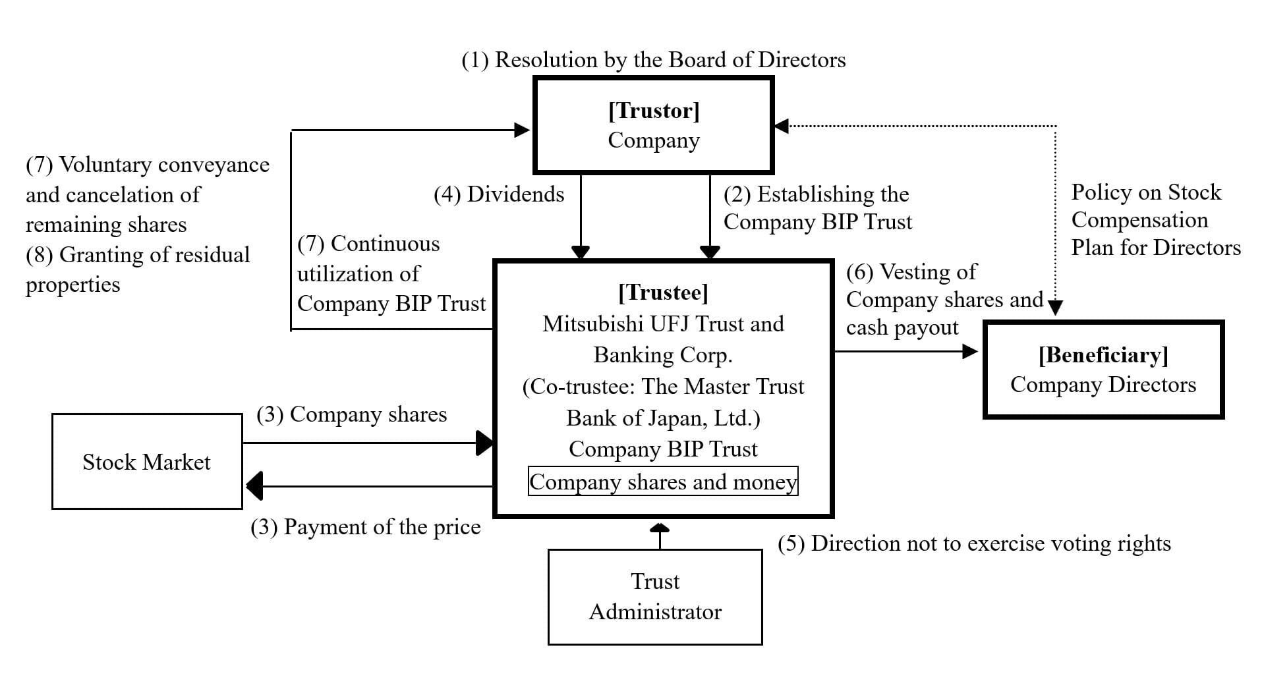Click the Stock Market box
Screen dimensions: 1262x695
click(x=147, y=461)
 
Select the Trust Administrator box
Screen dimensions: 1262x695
click(x=655, y=597)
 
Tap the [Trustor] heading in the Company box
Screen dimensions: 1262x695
click(x=654, y=110)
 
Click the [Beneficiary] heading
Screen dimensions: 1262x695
click(x=1103, y=355)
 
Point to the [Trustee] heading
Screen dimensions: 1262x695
click(x=663, y=292)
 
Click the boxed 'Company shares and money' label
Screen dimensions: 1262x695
click(x=663, y=482)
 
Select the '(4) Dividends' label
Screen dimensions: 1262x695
click(x=499, y=194)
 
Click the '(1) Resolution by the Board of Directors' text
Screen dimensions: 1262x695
click(x=653, y=60)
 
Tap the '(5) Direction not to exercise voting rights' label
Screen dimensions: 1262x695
click(x=974, y=543)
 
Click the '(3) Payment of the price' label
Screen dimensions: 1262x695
click(x=366, y=527)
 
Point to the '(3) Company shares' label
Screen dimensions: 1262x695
click(x=351, y=414)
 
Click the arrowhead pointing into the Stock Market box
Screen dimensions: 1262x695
click(x=254, y=486)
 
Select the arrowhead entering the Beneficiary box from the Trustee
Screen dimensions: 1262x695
click(x=970, y=351)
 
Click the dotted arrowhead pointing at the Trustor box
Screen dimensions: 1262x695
click(x=781, y=126)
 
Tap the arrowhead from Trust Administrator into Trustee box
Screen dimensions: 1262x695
click(x=660, y=526)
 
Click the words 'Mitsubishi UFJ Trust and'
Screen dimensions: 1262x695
click(x=663, y=324)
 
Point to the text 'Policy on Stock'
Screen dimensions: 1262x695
click(x=1146, y=192)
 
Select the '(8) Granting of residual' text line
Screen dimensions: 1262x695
click(x=138, y=255)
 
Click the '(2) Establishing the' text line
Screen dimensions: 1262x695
click(x=816, y=194)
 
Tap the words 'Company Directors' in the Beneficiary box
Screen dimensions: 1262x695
click(x=1103, y=385)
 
